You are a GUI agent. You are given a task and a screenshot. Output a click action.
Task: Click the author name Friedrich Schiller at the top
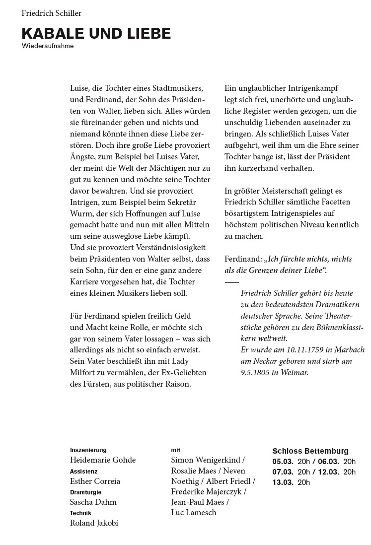pos(52,13)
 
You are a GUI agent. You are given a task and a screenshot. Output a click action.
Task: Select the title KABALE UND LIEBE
pos(96,34)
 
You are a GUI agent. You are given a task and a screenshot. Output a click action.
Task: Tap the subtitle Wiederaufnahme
pos(48,46)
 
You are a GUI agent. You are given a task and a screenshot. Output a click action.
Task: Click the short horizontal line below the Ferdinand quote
pos(232,281)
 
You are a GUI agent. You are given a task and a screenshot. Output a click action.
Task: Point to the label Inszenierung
pos(88,450)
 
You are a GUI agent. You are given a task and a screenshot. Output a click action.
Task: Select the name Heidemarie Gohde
pos(103,460)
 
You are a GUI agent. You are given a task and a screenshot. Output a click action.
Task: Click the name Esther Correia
pos(95,481)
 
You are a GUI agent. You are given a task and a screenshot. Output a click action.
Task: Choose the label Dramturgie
pos(86,492)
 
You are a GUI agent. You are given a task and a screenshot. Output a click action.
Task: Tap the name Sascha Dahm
pos(93,502)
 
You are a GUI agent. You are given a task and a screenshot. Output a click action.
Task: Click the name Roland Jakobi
pos(94,523)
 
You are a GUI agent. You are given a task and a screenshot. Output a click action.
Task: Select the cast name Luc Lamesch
pos(194,513)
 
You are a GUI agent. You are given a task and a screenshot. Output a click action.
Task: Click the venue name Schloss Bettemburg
pos(310,451)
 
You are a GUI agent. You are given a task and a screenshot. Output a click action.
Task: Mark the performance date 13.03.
pos(283,482)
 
